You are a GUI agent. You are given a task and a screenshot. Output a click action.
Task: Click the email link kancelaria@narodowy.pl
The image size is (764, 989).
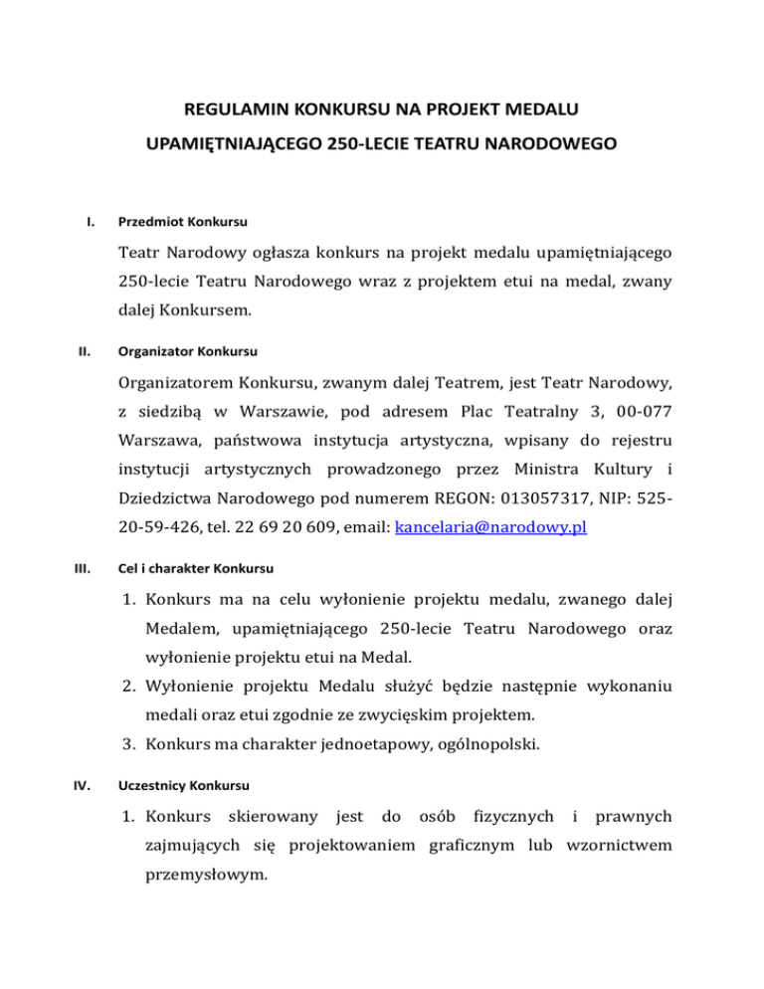(x=490, y=528)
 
